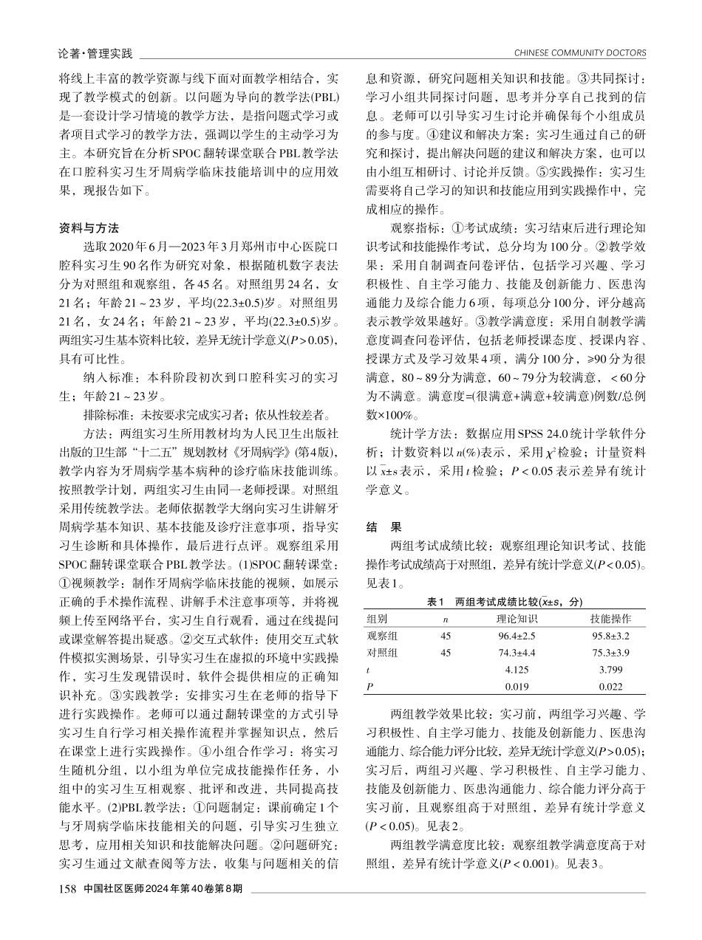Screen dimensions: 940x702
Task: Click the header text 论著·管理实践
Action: (95, 52)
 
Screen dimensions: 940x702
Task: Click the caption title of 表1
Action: (505, 602)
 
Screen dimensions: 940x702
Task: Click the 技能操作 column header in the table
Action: (610, 618)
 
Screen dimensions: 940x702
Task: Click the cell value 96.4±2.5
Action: (517, 635)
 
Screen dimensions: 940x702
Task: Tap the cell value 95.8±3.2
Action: (610, 635)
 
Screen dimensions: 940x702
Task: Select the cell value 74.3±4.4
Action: (517, 653)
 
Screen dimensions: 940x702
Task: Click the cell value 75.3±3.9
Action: (610, 653)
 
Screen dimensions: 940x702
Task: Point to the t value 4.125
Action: (517, 670)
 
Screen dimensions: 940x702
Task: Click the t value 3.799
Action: (610, 670)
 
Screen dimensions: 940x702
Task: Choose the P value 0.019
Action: (517, 687)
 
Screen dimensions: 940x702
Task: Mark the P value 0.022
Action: (610, 687)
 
